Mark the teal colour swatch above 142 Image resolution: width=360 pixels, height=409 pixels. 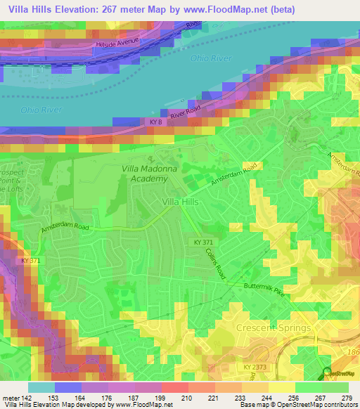(41, 387)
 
